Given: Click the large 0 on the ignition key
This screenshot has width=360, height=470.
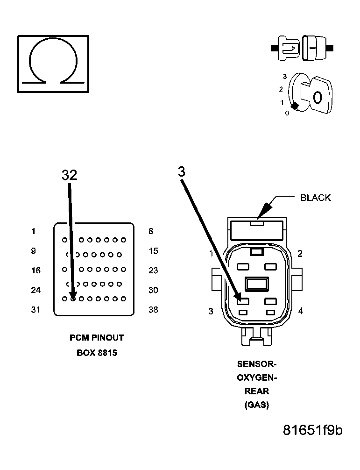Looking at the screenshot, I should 318,98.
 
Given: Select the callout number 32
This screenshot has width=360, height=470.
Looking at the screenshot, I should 69,175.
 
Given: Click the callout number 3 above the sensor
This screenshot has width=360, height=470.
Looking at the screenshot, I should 182,172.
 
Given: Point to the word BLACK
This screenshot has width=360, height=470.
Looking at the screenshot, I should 315,198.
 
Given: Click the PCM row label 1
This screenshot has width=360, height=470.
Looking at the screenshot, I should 34,231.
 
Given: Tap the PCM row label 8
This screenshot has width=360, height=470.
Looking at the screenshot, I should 150,231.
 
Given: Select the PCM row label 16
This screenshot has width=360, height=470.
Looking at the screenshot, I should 35,271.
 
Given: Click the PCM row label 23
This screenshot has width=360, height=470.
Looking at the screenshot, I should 153,271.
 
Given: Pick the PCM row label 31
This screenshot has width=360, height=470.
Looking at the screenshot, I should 35,310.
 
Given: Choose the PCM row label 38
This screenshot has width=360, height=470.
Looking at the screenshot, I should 153,310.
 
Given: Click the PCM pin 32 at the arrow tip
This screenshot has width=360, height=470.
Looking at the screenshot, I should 73,299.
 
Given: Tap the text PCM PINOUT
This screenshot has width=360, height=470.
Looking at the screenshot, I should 97,338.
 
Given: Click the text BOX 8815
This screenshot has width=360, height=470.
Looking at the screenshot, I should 97,353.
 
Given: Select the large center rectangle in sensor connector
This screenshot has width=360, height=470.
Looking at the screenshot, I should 256,284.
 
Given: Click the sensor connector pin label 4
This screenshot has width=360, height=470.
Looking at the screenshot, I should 300,311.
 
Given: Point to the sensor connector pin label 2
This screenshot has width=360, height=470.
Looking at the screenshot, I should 300,254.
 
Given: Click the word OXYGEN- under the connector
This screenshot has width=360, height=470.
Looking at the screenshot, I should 257,378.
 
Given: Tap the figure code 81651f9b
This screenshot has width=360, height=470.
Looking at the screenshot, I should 312,430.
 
